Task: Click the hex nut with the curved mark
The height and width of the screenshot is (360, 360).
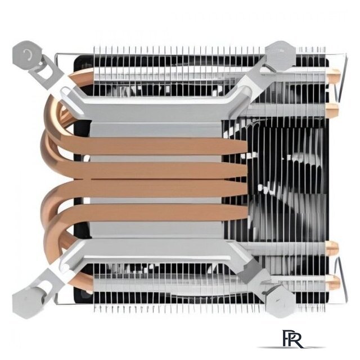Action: (x=28, y=55)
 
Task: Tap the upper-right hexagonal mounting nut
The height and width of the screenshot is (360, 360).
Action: (x=280, y=55)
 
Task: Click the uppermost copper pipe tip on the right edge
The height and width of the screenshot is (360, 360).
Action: (x=334, y=75)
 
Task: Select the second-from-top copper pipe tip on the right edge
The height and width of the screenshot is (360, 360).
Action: (x=332, y=110)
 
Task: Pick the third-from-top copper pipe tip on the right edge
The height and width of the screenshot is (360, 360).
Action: (x=332, y=248)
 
